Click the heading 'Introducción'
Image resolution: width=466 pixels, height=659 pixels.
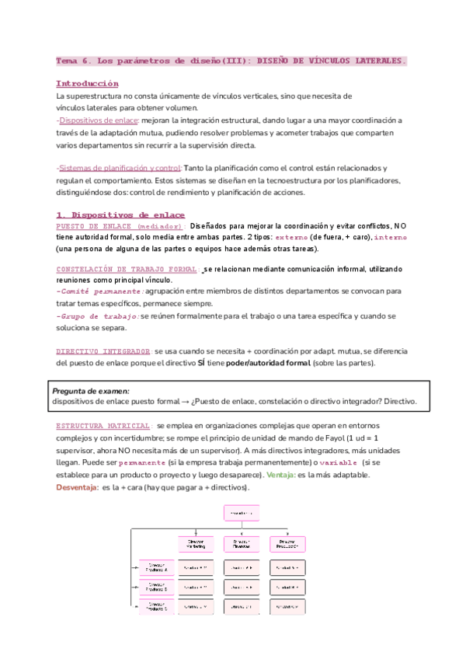click(87, 82)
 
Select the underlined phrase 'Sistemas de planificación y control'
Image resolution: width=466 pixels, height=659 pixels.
click(120, 168)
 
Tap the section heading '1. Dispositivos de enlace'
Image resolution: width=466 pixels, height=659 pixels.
click(120, 214)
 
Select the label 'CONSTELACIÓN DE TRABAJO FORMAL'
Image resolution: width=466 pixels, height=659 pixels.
click(127, 269)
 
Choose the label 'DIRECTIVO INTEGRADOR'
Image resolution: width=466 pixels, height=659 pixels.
click(104, 351)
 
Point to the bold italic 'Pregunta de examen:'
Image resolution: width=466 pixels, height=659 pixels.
click(90, 390)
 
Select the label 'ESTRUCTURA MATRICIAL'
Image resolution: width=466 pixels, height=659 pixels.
click(103, 427)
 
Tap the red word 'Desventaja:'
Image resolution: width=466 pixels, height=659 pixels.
click(78, 486)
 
